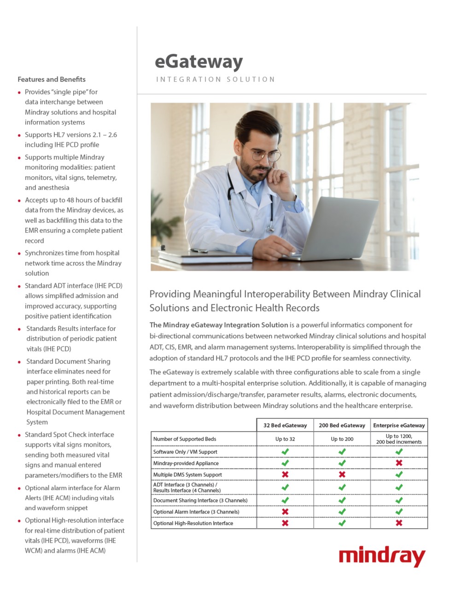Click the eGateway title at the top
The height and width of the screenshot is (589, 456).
pyautogui.click(x=199, y=62)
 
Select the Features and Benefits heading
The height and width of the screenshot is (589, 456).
pyautogui.click(x=52, y=79)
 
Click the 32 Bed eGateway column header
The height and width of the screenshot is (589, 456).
pyautogui.click(x=285, y=425)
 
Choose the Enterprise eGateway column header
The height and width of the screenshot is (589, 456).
pyautogui.click(x=399, y=425)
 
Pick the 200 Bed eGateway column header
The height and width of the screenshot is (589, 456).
pyautogui.click(x=342, y=425)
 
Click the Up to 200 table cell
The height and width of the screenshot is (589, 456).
pyautogui.click(x=342, y=439)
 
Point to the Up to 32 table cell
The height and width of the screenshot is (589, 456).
pyautogui.click(x=285, y=439)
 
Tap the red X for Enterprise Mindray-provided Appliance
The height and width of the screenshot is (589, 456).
pyautogui.click(x=399, y=463)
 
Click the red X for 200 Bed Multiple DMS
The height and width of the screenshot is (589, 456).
pyautogui.click(x=342, y=474)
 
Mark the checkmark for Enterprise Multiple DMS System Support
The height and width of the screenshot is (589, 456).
pyautogui.click(x=399, y=474)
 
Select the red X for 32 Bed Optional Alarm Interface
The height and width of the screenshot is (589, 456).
pyautogui.click(x=285, y=512)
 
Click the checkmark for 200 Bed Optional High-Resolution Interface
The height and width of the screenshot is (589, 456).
pyautogui.click(x=342, y=523)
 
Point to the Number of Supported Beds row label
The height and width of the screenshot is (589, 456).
pyautogui.click(x=185, y=439)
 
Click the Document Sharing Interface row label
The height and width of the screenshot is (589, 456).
pyautogui.click(x=200, y=500)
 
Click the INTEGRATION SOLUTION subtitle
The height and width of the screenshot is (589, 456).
pyautogui.click(x=215, y=80)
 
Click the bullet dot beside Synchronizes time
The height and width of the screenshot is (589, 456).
pyautogui.click(x=19, y=254)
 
